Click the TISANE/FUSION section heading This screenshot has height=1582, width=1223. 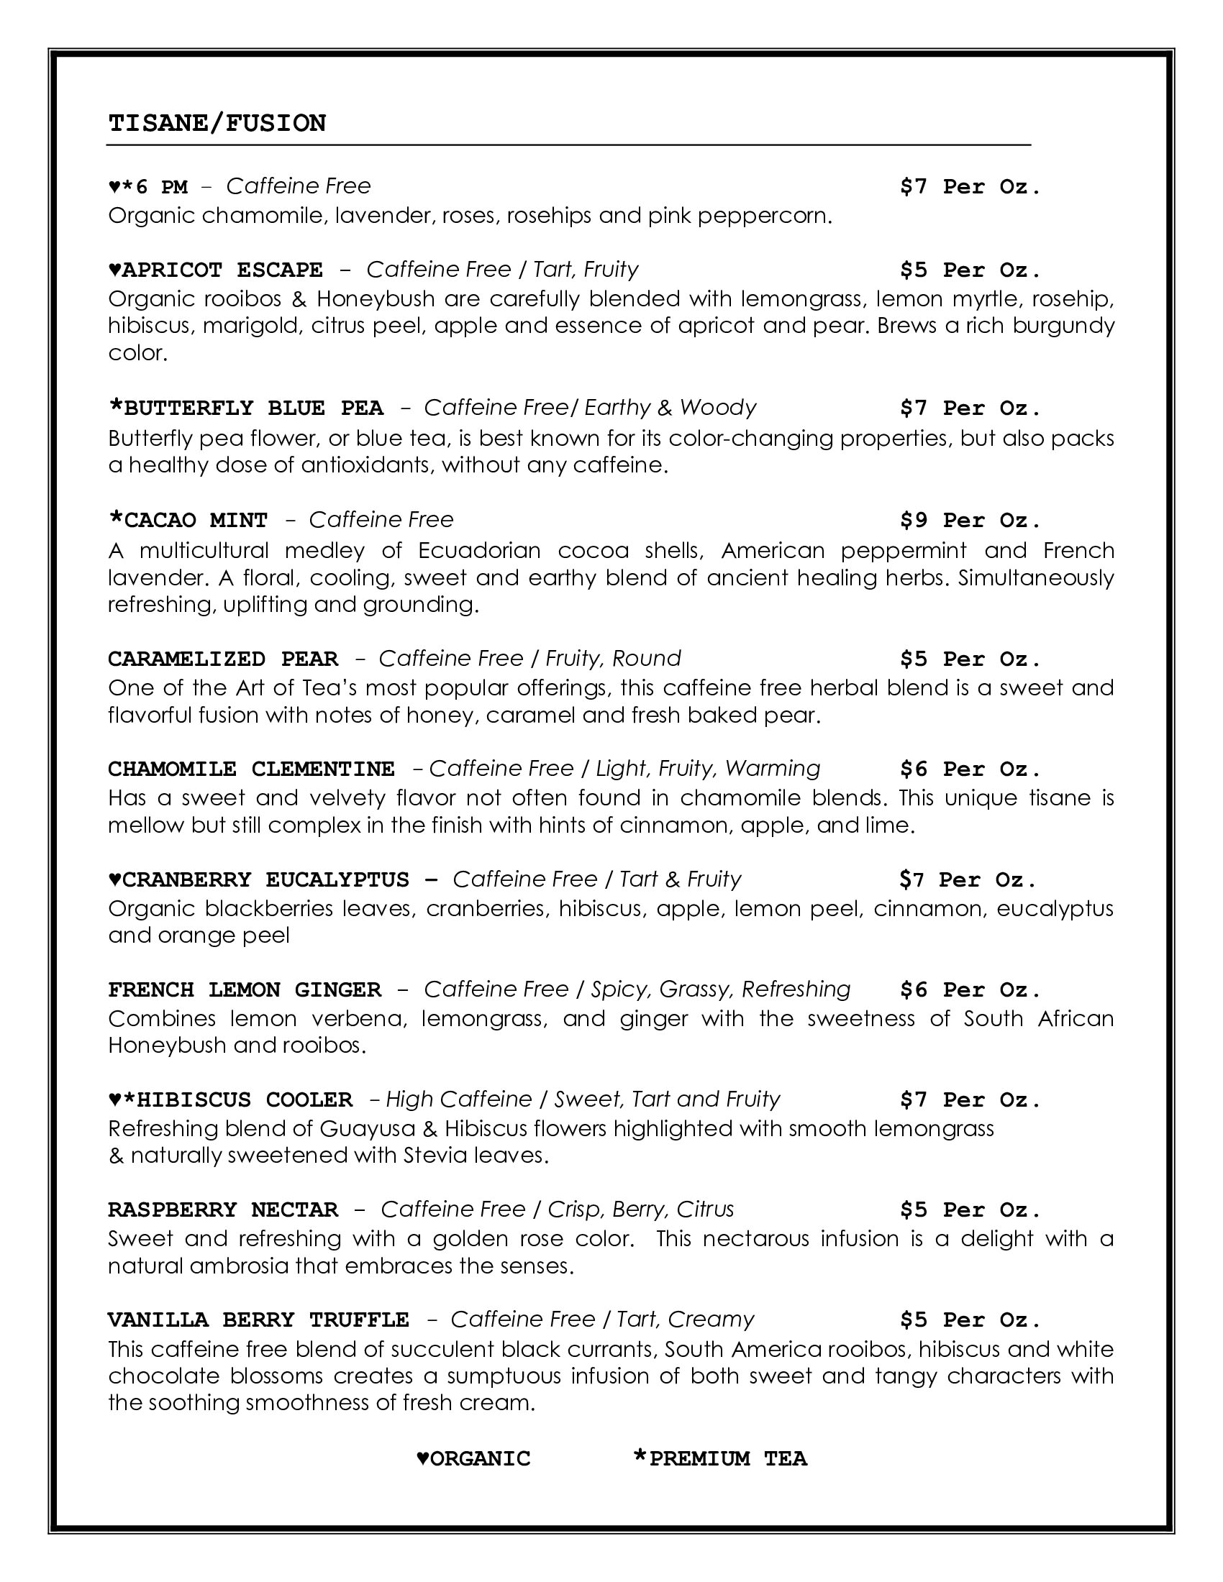[x=217, y=123]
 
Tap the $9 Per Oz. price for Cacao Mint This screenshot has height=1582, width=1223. [x=970, y=520]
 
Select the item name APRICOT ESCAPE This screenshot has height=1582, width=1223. [x=222, y=270]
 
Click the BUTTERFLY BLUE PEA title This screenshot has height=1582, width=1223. [x=253, y=408]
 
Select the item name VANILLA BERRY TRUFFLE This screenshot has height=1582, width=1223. [x=258, y=1320]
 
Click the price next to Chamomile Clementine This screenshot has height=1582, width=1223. [x=970, y=769]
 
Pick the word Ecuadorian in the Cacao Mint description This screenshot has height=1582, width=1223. [x=479, y=551]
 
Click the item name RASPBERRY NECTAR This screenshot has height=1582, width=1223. [x=222, y=1210]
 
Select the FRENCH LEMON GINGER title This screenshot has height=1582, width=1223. [x=244, y=989]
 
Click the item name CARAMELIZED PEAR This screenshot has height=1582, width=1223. [x=222, y=659]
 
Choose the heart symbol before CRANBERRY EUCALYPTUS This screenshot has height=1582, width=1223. [x=114, y=879]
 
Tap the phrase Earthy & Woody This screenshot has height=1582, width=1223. [x=670, y=408]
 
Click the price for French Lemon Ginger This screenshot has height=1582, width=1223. [x=970, y=989]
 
